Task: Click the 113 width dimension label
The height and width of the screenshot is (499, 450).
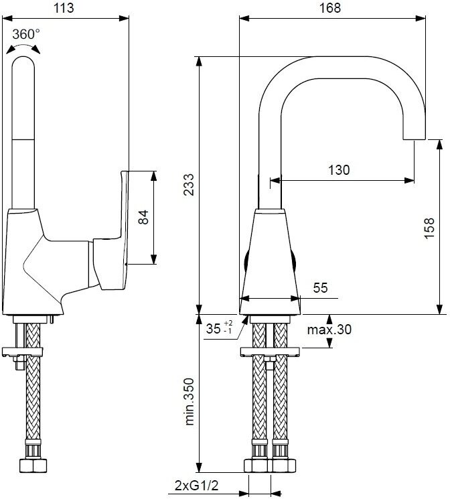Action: pos(64,7)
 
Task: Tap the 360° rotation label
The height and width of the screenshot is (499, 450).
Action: pos(26,34)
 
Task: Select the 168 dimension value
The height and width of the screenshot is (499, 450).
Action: pos(330,7)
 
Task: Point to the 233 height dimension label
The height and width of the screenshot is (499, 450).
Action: pos(188,185)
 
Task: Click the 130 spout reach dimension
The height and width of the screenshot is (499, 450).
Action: pos(339,170)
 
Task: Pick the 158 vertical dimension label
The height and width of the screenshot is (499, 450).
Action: pos(429,228)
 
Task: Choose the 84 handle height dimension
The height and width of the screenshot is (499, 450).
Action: pos(143,217)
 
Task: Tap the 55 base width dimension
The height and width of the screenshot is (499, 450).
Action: pos(320,288)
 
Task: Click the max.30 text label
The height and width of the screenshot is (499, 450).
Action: pos(329,330)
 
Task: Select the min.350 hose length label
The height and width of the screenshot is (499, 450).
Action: pos(189,402)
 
